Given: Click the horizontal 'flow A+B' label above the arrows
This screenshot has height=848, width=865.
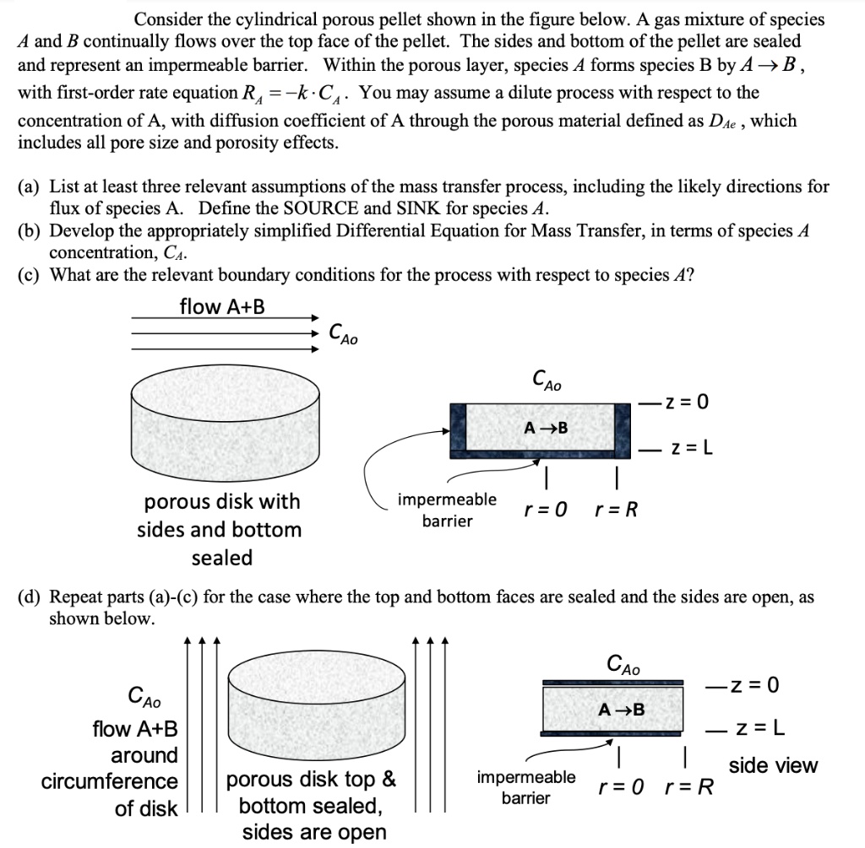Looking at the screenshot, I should [222, 307].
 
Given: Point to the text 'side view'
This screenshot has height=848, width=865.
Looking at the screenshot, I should [773, 765].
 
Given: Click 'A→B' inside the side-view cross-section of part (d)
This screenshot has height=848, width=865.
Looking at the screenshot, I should [621, 710].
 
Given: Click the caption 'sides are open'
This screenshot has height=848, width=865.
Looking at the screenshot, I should [314, 832].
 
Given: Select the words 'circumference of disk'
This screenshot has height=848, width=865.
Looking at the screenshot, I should [110, 795].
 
